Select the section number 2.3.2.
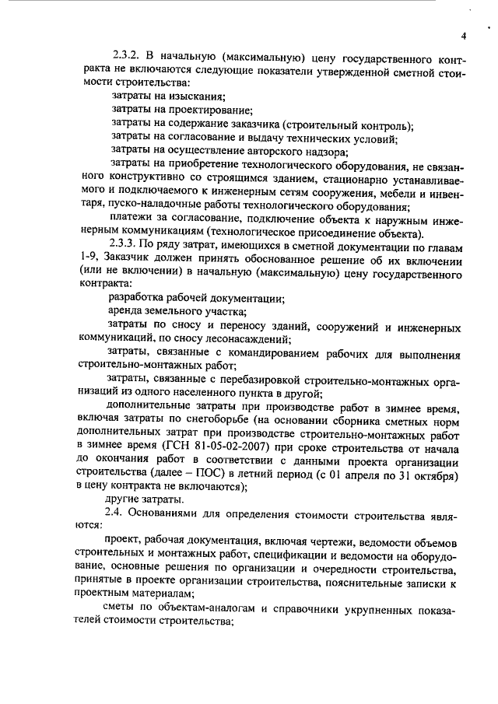pos(129,57)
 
